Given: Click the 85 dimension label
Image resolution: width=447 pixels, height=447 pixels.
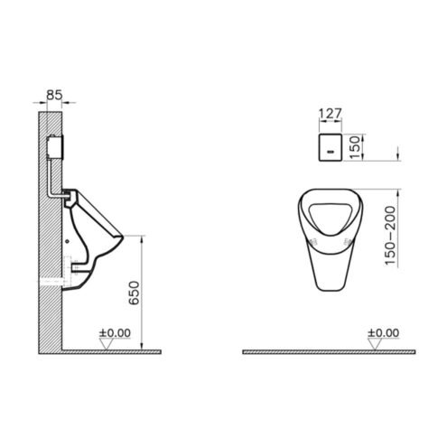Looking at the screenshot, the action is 54,95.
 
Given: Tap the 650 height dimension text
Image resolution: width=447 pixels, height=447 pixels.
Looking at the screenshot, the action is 135,293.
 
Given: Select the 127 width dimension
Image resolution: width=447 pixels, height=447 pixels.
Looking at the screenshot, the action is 331,114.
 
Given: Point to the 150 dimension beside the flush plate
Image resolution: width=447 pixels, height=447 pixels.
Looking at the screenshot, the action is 355,147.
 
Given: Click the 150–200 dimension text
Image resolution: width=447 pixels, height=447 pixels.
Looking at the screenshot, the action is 390,236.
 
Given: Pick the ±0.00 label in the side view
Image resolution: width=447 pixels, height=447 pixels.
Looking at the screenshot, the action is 115,333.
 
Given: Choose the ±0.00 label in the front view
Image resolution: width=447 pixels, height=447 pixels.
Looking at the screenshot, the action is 384,333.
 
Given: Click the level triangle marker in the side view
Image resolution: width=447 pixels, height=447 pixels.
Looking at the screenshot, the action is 107,344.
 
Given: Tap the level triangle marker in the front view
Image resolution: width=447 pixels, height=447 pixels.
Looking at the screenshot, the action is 375,344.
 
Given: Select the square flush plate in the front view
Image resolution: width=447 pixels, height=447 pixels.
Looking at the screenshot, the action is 331,147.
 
